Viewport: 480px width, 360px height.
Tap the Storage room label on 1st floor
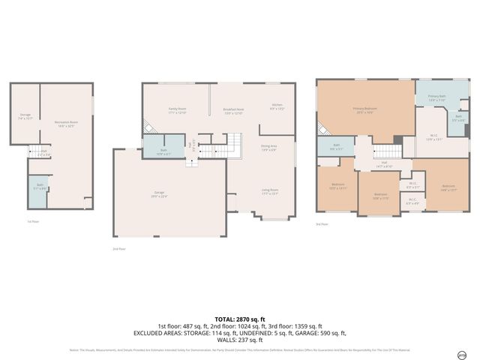click(25, 116)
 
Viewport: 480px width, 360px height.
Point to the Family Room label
click(177, 110)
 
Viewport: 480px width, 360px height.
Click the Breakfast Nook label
click(234, 110)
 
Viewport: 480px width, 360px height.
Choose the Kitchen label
click(277, 107)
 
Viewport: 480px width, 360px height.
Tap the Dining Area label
click(268, 147)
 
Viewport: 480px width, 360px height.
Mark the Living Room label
click(270, 192)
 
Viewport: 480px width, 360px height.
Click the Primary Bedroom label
click(365, 109)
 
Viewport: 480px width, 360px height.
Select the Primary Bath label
click(436, 98)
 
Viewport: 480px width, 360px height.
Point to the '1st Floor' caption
click(32, 222)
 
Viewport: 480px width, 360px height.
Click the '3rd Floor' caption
click(322, 224)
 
